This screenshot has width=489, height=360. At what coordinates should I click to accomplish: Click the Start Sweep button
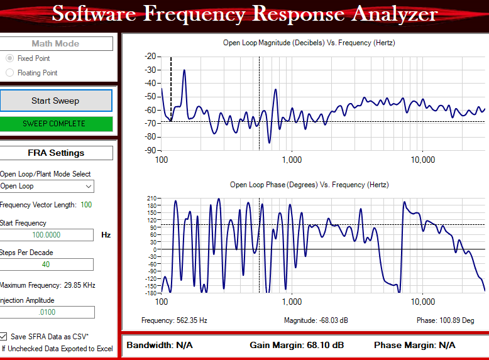coord(55,101)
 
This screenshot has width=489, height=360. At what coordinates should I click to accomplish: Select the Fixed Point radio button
coord(9,58)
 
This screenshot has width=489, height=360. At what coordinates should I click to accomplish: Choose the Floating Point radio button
coord(9,73)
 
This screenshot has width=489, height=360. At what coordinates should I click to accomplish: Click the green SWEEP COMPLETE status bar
coord(55,124)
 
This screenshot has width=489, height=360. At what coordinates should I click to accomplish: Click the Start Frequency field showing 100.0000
coord(47,235)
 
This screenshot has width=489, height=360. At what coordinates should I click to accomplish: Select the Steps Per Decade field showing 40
coord(47,265)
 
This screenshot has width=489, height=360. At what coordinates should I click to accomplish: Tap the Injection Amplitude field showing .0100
coord(47,312)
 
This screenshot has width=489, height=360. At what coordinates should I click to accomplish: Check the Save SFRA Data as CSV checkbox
coord(4,336)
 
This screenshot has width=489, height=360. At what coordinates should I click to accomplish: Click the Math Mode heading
coord(55,43)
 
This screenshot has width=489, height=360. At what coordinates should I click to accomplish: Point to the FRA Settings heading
coord(55,153)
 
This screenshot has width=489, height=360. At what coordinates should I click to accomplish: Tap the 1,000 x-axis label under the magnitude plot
coord(292,160)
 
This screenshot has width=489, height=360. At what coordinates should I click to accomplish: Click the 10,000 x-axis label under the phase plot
coord(422,302)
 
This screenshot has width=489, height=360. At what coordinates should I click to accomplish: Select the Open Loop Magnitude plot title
coord(309,43)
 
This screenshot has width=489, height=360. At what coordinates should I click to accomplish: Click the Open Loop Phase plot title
coord(309,185)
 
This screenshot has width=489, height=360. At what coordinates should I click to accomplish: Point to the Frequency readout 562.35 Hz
coord(174,320)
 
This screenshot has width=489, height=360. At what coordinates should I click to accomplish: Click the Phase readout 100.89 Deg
coord(446,320)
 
